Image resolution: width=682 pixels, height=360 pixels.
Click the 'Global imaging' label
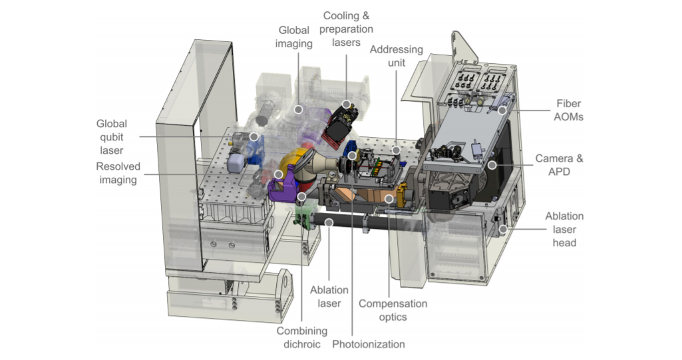click(295, 37)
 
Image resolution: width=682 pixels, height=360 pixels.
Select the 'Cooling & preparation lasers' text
click(346, 29)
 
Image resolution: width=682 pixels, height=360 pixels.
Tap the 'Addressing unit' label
click(397, 56)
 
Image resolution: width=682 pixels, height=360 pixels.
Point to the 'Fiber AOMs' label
click(568, 110)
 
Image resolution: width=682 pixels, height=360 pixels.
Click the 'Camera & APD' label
click(559, 165)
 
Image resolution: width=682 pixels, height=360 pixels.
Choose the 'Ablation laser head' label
click(564, 229)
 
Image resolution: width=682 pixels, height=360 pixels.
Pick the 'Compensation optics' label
click(393, 310)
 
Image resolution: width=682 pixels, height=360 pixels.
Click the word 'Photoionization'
click(369, 344)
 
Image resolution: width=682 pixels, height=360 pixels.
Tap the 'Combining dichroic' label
click(302, 337)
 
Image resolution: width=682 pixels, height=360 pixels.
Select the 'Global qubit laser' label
click(111, 137)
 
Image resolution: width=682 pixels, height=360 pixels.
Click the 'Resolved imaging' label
click(118, 173)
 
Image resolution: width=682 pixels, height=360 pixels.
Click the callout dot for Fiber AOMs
click(502, 110)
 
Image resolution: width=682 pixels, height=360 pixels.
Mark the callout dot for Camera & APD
click(492, 165)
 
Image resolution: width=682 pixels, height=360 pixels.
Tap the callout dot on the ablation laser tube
click(329, 223)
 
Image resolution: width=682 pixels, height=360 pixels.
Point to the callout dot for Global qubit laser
click(254, 136)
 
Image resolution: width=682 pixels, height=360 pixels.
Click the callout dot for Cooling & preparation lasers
click(346, 104)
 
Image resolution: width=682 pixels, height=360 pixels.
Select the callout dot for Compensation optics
click(389, 199)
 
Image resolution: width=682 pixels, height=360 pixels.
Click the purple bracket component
click(282, 190)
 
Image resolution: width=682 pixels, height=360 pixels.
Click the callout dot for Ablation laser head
click(503, 229)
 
